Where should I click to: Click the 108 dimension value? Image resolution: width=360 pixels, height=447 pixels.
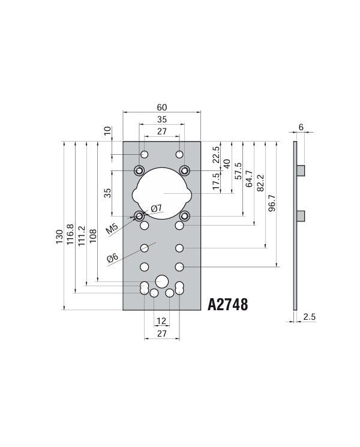tap(92, 235)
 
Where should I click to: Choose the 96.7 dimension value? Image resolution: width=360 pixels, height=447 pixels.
tap(271, 203)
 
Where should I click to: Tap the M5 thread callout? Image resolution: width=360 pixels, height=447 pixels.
tap(112, 229)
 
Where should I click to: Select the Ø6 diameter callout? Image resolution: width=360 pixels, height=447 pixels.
tap(113, 257)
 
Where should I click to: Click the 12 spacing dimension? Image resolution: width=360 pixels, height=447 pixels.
tap(161, 320)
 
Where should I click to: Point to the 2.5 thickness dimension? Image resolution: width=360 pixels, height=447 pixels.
tap(310, 316)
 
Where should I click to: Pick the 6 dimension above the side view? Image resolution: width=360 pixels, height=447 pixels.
tap(301, 127)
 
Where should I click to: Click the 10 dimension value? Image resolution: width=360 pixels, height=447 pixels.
tap(108, 131)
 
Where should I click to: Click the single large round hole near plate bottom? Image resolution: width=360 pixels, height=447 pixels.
tap(161, 281)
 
